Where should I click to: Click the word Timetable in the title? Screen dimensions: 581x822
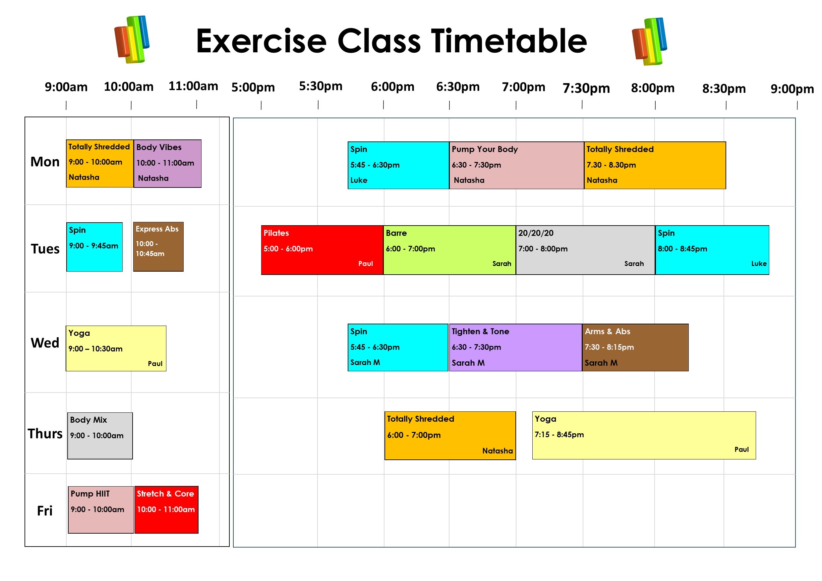pos(508,41)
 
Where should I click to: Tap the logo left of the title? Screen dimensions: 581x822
pos(132,39)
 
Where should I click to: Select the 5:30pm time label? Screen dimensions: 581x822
pos(321,86)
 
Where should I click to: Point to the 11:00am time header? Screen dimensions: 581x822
pos(193,86)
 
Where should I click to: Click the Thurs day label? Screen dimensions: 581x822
pos(45,434)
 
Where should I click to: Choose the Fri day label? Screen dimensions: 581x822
pos(45,511)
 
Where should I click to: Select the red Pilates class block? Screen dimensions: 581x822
pos(322,250)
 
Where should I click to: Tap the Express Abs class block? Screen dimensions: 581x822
pos(158,246)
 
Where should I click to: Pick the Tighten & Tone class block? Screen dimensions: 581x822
pos(515,347)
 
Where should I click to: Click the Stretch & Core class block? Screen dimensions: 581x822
pos(166,509)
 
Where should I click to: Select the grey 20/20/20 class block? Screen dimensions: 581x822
pos(585,250)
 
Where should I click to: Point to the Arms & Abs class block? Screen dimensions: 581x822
pos(635,347)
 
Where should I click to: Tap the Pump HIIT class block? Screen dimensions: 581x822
pos(101,509)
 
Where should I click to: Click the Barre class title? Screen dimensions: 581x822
pos(396,233)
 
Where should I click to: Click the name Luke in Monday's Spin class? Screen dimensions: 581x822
pos(359,180)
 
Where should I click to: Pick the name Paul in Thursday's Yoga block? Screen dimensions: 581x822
pos(741,450)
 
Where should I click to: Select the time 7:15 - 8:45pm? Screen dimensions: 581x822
pos(559,435)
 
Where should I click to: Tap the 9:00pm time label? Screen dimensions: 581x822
pos(792,89)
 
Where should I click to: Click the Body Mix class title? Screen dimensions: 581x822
pos(88,420)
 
